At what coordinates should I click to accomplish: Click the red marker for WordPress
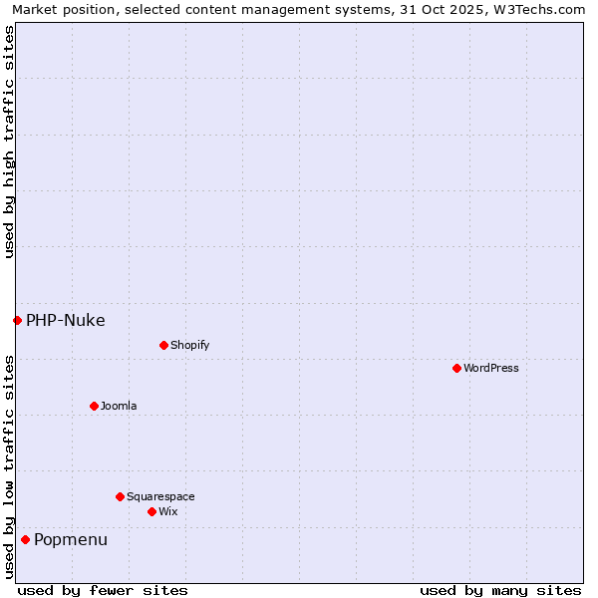[456, 368]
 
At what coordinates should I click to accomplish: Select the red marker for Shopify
[163, 345]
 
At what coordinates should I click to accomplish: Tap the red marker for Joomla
[94, 406]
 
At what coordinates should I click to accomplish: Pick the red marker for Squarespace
[120, 496]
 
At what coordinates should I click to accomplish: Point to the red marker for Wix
[151, 511]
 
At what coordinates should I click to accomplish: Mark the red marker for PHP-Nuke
[17, 320]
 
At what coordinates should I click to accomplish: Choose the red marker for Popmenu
[25, 539]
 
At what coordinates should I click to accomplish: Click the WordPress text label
[491, 368]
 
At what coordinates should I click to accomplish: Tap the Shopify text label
[189, 345]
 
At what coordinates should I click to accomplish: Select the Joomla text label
[119, 406]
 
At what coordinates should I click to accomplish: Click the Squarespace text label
[160, 496]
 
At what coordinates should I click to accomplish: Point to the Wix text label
[168, 511]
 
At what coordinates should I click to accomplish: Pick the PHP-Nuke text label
[66, 320]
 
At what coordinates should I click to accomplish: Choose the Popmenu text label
[71, 539]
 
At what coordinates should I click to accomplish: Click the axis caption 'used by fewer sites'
[103, 590]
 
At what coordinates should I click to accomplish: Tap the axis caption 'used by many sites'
[500, 590]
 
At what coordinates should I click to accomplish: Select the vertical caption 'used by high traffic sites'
[9, 142]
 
